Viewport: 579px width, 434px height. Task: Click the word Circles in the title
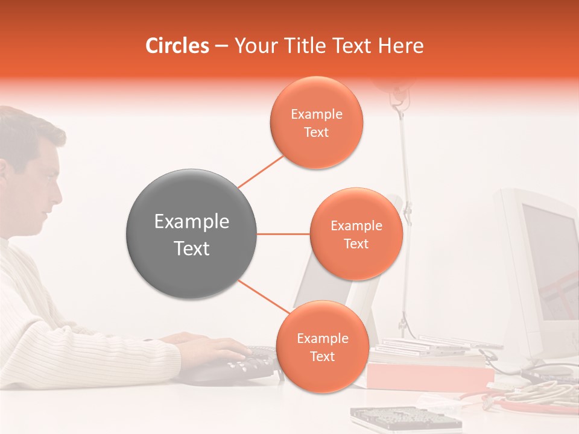pyautogui.click(x=177, y=46)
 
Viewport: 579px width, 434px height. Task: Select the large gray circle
pyautogui.click(x=192, y=234)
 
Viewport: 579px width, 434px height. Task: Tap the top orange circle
pyautogui.click(x=317, y=122)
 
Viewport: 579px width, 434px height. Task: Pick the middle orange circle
pyautogui.click(x=356, y=234)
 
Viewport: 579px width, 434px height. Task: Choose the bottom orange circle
pyautogui.click(x=322, y=347)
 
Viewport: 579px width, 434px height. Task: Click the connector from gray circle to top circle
pyautogui.click(x=261, y=171)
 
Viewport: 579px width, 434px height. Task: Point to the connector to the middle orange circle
pyautogui.click(x=283, y=234)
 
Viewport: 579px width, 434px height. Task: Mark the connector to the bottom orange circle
pyautogui.click(x=264, y=297)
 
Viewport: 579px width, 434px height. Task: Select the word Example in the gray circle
pyautogui.click(x=192, y=222)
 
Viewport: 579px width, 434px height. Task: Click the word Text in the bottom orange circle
pyautogui.click(x=322, y=356)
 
